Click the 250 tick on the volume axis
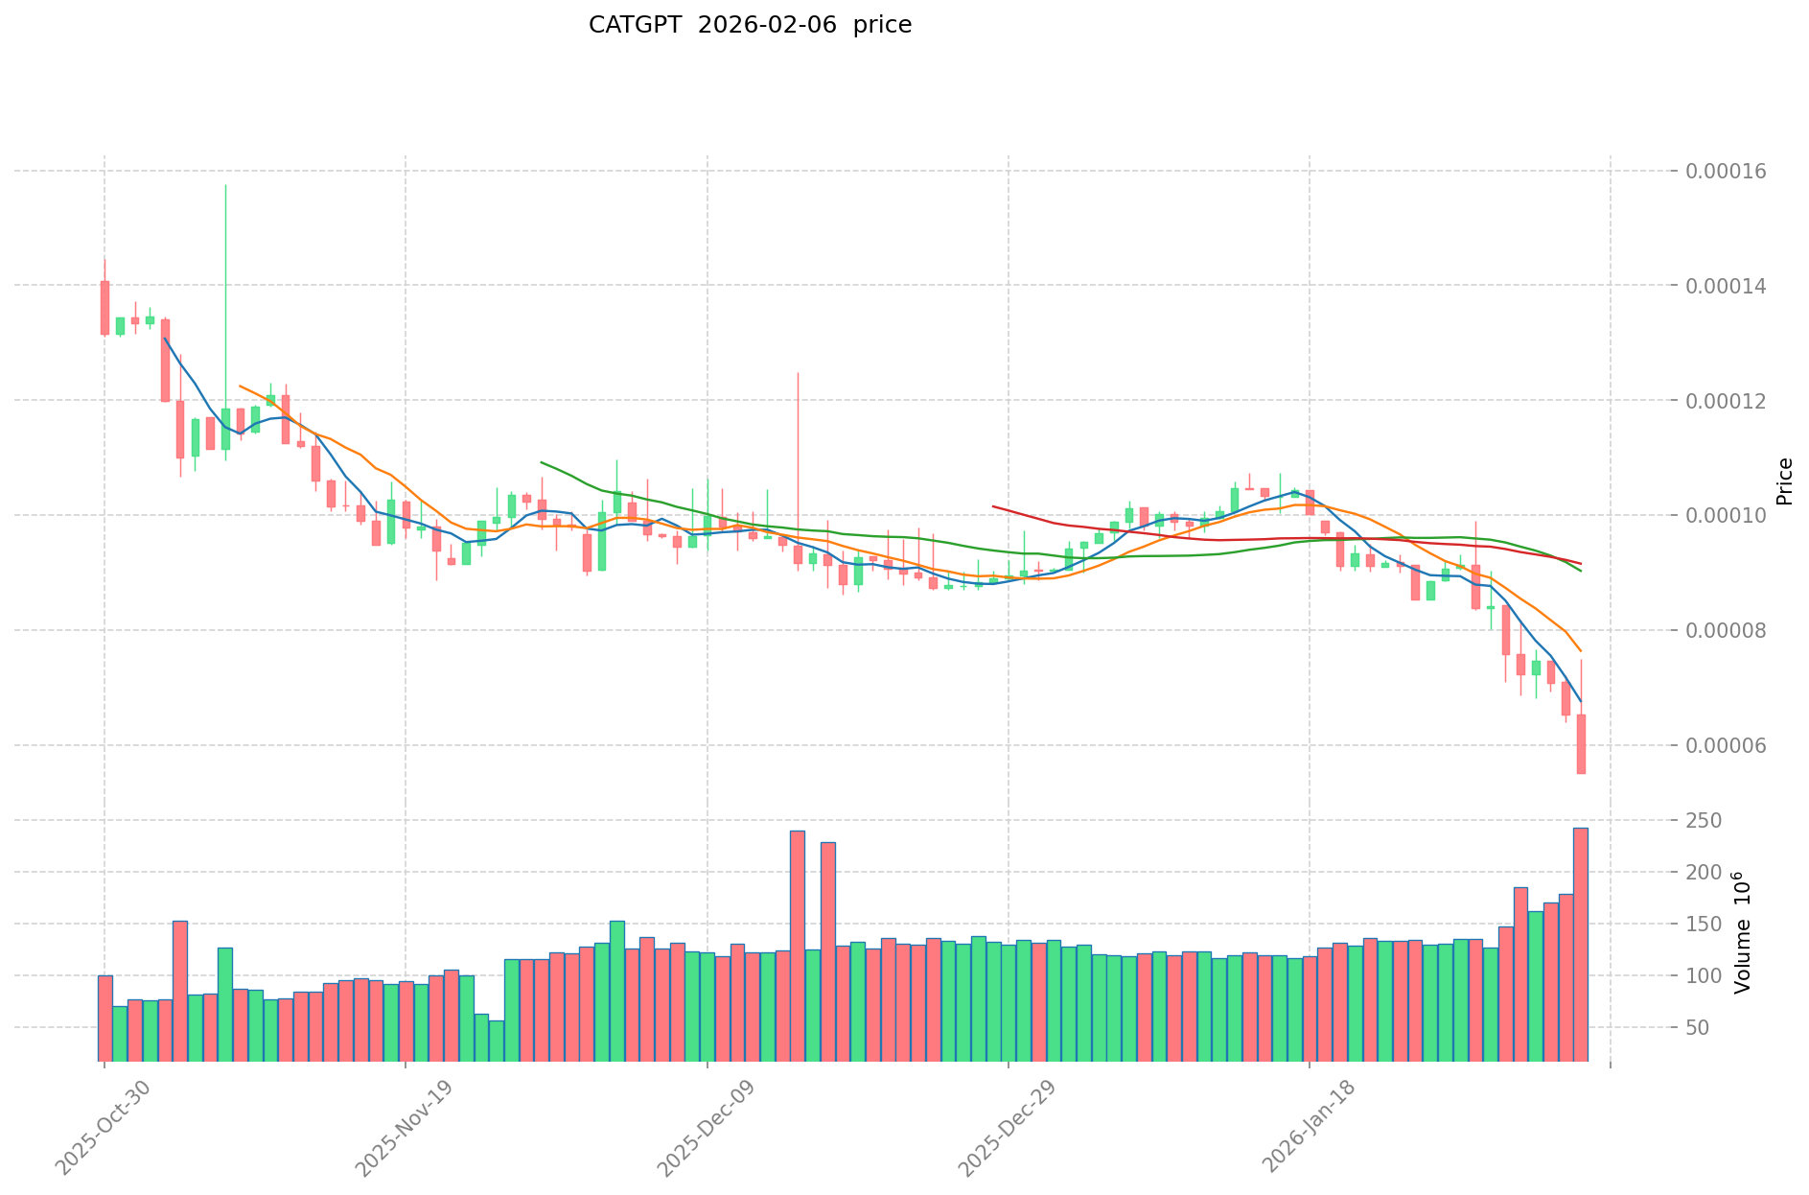(1708, 821)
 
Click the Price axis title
(1784, 481)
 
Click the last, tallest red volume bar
(1581, 944)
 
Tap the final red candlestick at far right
(1581, 743)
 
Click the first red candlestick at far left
(104, 307)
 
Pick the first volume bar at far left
(104, 1018)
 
